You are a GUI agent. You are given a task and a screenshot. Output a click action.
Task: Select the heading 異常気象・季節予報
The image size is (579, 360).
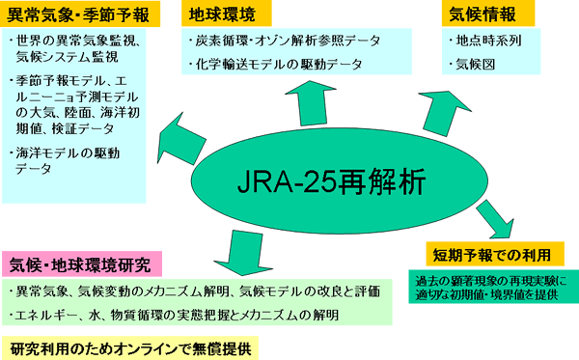(x=74, y=16)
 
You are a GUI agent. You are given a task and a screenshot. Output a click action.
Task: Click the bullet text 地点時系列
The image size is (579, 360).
(x=492, y=42)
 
